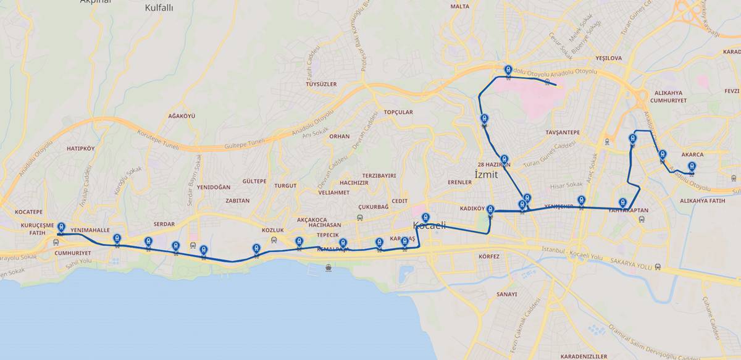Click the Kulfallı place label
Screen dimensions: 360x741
pyautogui.click(x=159, y=8)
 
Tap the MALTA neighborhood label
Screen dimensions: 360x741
pyautogui.click(x=460, y=6)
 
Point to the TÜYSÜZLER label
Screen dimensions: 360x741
pyautogui.click(x=321, y=84)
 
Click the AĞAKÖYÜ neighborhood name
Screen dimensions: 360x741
pyautogui.click(x=182, y=116)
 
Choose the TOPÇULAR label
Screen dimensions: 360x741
pyautogui.click(x=398, y=112)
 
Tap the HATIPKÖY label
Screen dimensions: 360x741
pyautogui.click(x=81, y=149)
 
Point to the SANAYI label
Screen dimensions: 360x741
pyautogui.click(x=506, y=294)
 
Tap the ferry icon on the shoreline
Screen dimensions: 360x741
pyautogui.click(x=328, y=267)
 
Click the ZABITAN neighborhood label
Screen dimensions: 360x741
pyautogui.click(x=238, y=201)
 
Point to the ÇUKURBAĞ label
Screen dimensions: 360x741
pyautogui.click(x=374, y=207)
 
